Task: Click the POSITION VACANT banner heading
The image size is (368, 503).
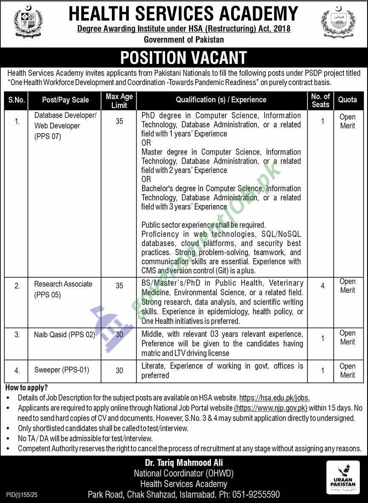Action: pyautogui.click(x=184, y=57)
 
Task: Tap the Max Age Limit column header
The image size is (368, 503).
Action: pyautogui.click(x=119, y=101)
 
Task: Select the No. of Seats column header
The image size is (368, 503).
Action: pyautogui.click(x=320, y=101)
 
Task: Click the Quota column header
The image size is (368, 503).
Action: pyautogui.click(x=347, y=100)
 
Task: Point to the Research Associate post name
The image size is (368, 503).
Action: pyautogui.click(x=63, y=284)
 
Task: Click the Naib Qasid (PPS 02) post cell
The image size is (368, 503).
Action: pyautogui.click(x=64, y=335)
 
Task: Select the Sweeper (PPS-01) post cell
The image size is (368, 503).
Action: pyautogui.click(x=62, y=370)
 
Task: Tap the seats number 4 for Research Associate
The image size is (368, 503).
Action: pyautogui.click(x=322, y=286)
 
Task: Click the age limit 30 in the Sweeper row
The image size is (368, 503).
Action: pyautogui.click(x=119, y=371)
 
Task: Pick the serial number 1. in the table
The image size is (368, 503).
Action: pyautogui.click(x=17, y=122)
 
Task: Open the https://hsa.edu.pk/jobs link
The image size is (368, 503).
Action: pyautogui.click(x=274, y=398)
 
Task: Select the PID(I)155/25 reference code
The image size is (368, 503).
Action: pyautogui.click(x=23, y=495)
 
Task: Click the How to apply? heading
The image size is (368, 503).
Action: pyautogui.click(x=26, y=388)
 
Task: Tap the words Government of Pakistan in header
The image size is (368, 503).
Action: pyautogui.click(x=184, y=40)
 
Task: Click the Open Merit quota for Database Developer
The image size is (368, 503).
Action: pyautogui.click(x=347, y=121)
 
